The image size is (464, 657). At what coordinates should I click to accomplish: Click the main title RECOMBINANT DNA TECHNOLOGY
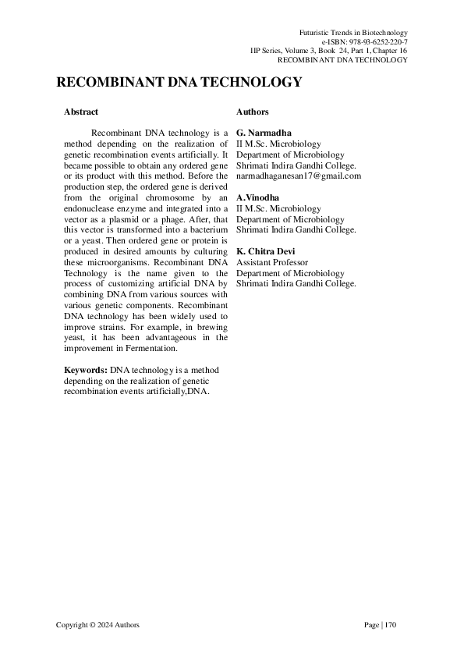point(179,83)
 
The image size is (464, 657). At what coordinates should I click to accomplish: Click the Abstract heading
point(81,112)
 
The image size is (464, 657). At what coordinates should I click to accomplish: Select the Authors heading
point(252,112)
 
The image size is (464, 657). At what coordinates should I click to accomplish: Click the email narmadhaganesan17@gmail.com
point(299,176)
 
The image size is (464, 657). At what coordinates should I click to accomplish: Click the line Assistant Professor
point(272,263)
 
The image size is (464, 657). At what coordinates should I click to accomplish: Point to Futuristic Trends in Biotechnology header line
point(353,31)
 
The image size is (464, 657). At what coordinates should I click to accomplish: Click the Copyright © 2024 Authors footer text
point(98,625)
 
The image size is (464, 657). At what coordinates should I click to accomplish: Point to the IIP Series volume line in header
point(328,50)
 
